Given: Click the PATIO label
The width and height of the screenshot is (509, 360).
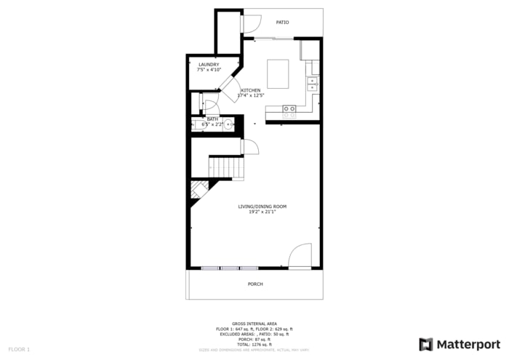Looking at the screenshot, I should click(x=282, y=23).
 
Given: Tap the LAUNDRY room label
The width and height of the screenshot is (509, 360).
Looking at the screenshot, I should click(x=209, y=65).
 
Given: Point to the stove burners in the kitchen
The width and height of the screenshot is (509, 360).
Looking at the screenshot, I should click(x=289, y=111).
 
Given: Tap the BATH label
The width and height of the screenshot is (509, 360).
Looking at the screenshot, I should click(x=212, y=119).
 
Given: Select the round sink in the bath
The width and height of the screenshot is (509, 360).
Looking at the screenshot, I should click(x=228, y=124).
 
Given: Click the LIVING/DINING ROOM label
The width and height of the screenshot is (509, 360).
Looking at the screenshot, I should click(x=262, y=207).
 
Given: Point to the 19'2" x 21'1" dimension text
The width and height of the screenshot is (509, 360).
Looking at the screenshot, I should click(x=262, y=212).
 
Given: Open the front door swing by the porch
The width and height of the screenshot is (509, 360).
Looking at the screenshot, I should click(x=300, y=257).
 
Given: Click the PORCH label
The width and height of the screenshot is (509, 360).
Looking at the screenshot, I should click(x=255, y=284).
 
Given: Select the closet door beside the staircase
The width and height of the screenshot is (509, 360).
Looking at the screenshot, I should click(x=249, y=148).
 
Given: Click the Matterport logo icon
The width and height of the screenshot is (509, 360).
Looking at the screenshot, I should click(x=426, y=344).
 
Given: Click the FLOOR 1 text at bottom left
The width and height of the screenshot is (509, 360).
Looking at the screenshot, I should click(x=19, y=350).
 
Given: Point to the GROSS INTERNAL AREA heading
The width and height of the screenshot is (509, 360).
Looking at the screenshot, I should click(x=254, y=324).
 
